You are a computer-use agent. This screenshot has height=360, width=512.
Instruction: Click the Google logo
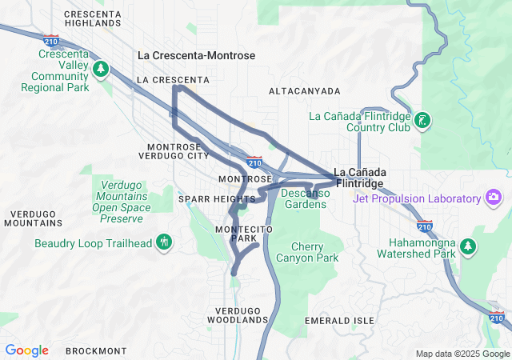point(27,350)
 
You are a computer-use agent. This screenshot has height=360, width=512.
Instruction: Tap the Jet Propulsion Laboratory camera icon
point(494,198)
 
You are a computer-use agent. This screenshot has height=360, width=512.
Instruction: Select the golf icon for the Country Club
point(422,122)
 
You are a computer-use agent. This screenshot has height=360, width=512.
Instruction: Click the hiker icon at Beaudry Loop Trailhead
point(164,242)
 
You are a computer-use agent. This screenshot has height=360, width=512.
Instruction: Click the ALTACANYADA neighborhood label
point(304,91)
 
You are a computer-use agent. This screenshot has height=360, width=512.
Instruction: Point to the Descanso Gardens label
point(304,198)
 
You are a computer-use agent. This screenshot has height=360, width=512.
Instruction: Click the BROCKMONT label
point(96,351)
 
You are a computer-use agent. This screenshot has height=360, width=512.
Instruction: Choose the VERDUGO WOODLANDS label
point(241,314)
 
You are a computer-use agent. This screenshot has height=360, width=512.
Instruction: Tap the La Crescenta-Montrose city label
point(197,55)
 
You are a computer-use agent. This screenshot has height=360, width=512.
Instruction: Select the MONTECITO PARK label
point(236,234)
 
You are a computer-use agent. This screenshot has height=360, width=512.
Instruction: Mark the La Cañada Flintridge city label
point(360,178)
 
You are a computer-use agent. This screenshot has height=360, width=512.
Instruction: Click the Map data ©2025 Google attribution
point(462,354)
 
